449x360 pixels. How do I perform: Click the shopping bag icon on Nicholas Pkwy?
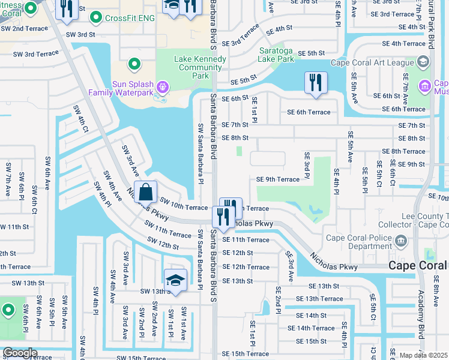click(145, 193)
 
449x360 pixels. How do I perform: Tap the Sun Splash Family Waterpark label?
click(124, 88)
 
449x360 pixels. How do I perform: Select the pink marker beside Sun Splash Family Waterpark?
click(161, 88)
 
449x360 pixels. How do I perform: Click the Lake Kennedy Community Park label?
click(200, 67)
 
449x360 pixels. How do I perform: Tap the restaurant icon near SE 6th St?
click(316, 83)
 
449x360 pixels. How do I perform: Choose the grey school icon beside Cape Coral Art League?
click(424, 62)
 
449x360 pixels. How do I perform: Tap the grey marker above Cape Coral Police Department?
click(401, 242)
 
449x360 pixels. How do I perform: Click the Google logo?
click(20, 353)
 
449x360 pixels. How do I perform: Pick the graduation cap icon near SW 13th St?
click(175, 280)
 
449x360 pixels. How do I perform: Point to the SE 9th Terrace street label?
click(278, 179)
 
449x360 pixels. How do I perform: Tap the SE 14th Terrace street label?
click(311, 328)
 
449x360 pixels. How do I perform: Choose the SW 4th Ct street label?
click(81, 119)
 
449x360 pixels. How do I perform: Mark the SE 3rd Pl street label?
click(306, 166)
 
